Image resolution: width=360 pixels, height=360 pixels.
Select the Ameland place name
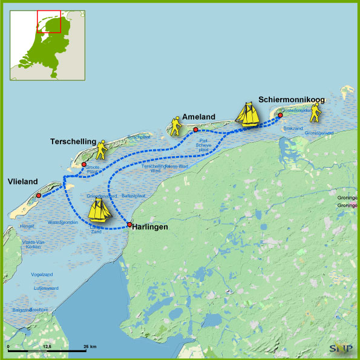pyautogui.click(x=199, y=118)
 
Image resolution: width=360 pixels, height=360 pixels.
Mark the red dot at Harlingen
pyautogui.click(x=129, y=224)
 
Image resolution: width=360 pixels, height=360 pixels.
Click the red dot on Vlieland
pyautogui.click(x=38, y=195)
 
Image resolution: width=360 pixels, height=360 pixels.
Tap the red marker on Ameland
pyautogui.click(x=196, y=129)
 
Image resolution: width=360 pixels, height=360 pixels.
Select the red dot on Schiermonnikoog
pyautogui.click(x=280, y=115)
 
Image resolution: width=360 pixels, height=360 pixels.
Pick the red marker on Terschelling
pyautogui.click(x=83, y=164)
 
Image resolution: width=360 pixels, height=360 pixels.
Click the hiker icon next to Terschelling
pyautogui.click(x=101, y=148)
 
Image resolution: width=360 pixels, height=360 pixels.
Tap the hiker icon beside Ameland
pyautogui.click(x=175, y=125)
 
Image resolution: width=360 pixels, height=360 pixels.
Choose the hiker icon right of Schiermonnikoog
pyautogui.click(x=315, y=111)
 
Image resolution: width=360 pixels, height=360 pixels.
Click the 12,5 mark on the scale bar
pyautogui.click(x=47, y=346)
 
